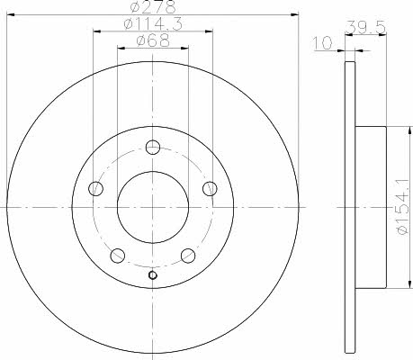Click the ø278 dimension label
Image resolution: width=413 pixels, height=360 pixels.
[153, 7]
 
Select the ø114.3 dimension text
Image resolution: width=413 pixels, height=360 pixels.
[153, 24]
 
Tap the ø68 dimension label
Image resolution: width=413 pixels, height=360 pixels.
[153, 40]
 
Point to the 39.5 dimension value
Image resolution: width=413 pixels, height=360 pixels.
[365, 28]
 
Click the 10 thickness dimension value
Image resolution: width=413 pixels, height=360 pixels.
[323, 43]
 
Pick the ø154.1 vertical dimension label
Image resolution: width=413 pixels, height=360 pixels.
[403, 207]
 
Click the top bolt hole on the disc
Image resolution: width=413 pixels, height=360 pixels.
[153, 147]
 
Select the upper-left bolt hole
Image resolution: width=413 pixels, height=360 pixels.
[96, 188]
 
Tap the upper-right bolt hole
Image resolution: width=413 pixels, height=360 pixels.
[210, 188]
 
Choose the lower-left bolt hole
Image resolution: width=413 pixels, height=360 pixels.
[118, 256]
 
